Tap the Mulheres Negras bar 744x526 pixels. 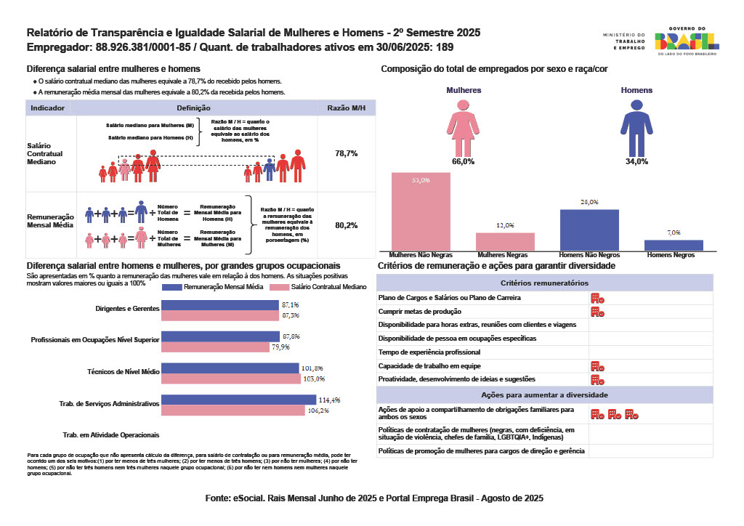(505, 243)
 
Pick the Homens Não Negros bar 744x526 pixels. (589, 230)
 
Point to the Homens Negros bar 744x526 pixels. (674, 246)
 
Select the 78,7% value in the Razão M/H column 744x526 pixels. (346, 154)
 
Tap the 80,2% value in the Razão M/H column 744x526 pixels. (346, 226)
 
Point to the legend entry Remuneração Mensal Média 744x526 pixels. (218, 288)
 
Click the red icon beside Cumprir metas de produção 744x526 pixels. (597, 312)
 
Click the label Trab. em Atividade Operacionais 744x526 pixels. (111, 434)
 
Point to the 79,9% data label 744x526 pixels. (291, 347)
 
